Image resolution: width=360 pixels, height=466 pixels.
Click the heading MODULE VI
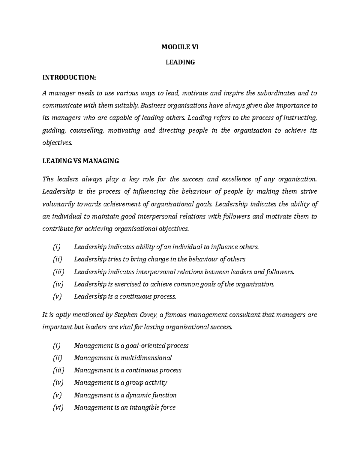(x=180, y=47)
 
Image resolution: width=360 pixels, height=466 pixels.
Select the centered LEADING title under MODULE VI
(x=180, y=62)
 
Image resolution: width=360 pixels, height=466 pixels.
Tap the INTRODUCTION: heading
(x=69, y=78)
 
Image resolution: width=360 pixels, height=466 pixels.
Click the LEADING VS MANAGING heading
(x=81, y=161)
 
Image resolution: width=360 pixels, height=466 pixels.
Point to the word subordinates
(x=275, y=93)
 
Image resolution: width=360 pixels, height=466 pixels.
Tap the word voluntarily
(x=59, y=204)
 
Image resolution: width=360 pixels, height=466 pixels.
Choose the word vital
(x=124, y=327)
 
